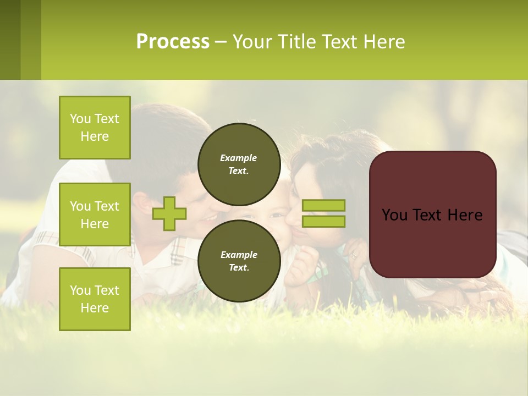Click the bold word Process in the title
(x=173, y=42)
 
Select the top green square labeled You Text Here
(x=95, y=128)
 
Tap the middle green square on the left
(x=95, y=215)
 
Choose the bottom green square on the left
(x=95, y=299)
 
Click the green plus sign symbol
(x=169, y=213)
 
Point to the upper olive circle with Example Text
(x=239, y=164)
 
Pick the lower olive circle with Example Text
(x=239, y=261)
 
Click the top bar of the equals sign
(x=323, y=205)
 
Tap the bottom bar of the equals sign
(x=323, y=221)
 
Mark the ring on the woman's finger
(x=354, y=256)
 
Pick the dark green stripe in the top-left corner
(x=10, y=40)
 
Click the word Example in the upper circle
(x=239, y=158)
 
